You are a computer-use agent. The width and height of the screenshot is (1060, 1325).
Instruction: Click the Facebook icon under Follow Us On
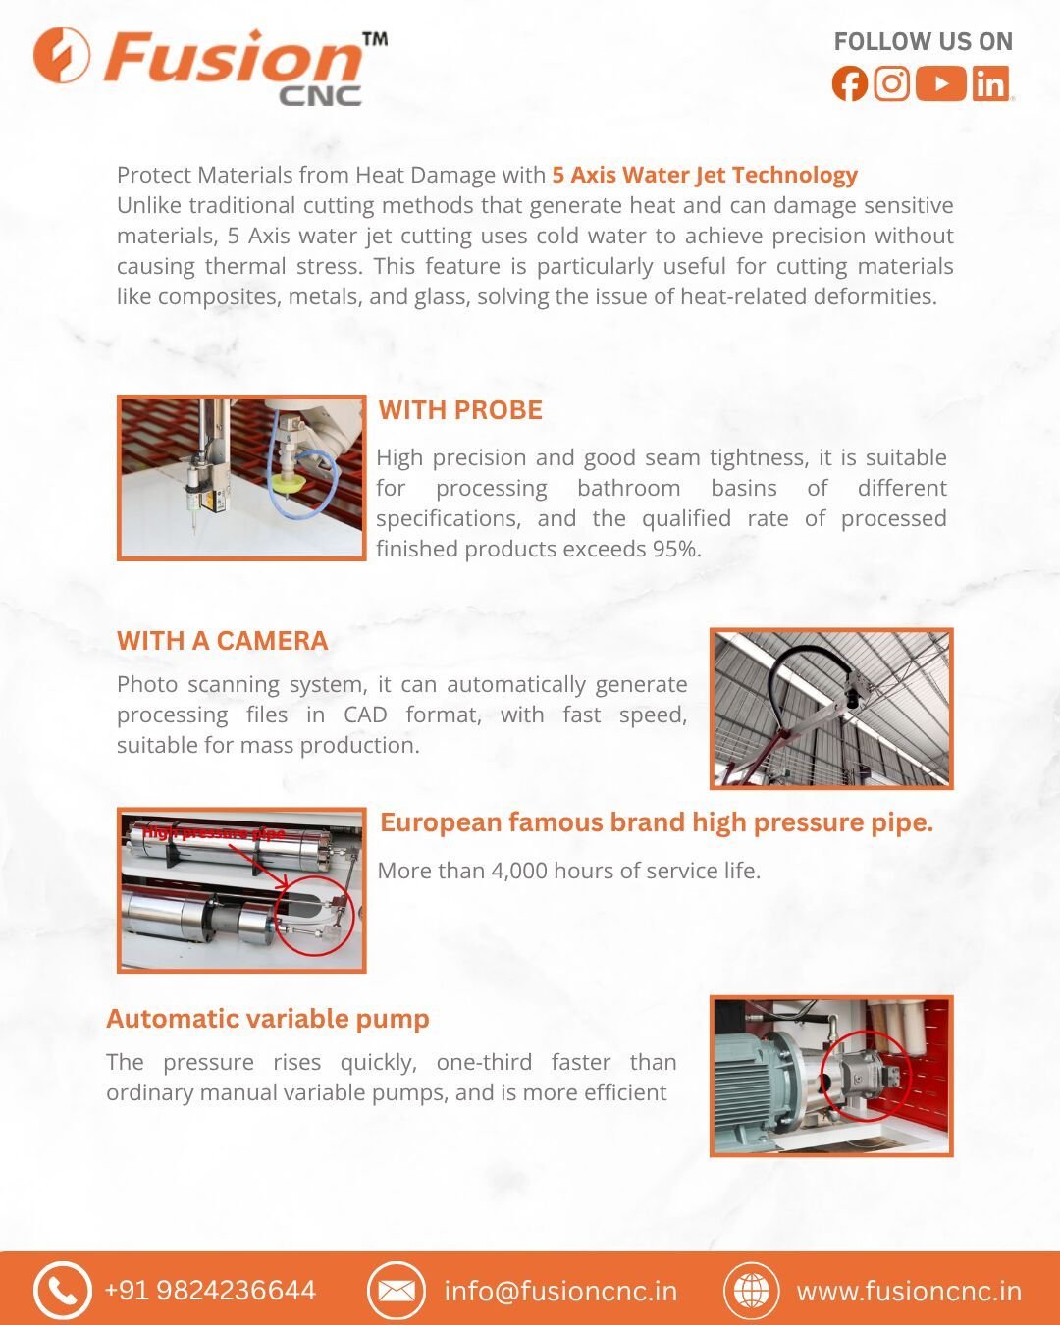[x=850, y=83]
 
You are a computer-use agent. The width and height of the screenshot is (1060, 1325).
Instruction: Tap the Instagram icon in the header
[x=891, y=83]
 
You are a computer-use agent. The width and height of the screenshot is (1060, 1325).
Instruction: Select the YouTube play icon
[x=941, y=83]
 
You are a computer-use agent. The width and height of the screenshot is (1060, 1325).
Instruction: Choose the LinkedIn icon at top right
[x=991, y=83]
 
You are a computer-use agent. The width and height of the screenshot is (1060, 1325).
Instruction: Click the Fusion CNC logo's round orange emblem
[x=62, y=55]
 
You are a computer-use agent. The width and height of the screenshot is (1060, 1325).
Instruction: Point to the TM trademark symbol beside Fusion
[x=375, y=40]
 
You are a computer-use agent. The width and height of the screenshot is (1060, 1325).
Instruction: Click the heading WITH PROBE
[x=460, y=410]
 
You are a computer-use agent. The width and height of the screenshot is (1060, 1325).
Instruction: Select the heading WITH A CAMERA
[x=222, y=641]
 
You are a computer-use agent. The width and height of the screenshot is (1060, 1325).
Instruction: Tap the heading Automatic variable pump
[x=268, y=1019]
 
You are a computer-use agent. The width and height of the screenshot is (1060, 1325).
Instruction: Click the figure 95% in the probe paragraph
[x=674, y=549]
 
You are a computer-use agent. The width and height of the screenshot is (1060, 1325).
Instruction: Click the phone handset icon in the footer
[x=62, y=1291]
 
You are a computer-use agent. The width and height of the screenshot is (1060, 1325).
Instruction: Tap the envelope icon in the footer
[x=396, y=1291]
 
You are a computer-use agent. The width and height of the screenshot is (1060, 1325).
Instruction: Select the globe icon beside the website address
[x=752, y=1291]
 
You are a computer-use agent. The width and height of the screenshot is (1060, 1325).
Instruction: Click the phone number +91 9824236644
[x=210, y=1291]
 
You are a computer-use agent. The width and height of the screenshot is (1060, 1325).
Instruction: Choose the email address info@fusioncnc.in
[x=560, y=1291]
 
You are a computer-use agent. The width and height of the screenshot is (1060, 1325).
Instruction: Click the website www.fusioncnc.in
[x=909, y=1291]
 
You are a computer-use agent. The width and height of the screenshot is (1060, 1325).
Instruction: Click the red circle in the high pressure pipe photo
[x=313, y=916]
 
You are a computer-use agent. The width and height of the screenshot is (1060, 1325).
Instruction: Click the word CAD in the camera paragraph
[x=365, y=715]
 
